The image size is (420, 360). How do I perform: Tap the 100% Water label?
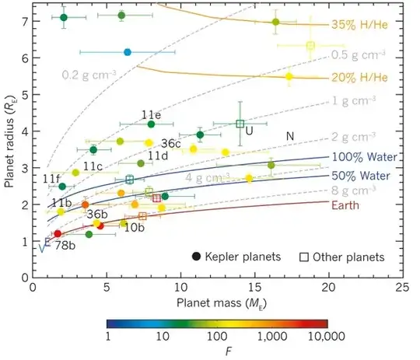pos(364,157)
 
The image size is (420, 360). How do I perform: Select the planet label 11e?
pos(151,114)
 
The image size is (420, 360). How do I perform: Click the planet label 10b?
pos(135,227)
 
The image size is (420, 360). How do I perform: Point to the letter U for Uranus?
pos(249,131)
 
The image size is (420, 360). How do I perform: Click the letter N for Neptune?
pos(289,136)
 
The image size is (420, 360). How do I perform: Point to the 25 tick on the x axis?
pos(402,286)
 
